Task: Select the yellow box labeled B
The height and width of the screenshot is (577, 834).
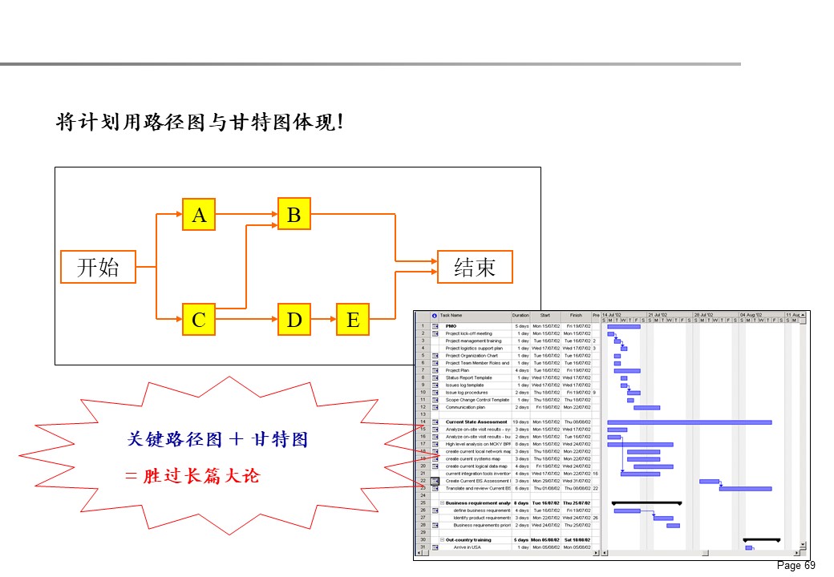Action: coord(294,214)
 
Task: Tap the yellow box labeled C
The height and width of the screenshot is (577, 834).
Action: coord(199,320)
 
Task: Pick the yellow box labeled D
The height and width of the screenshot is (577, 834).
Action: coord(294,320)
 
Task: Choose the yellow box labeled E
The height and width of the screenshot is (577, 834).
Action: coord(352,320)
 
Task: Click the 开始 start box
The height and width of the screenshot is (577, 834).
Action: coord(98,267)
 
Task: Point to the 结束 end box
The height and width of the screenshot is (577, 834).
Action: coord(475,267)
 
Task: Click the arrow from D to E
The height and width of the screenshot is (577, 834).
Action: coord(322,320)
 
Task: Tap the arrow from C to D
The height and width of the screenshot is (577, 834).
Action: coord(246,320)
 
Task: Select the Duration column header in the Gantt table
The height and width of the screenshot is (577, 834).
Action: coord(521,315)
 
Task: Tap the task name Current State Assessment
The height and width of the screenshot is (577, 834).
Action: coord(476,422)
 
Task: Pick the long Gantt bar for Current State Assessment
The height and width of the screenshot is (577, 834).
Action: coord(689,422)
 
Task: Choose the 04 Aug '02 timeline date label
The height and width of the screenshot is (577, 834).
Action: coord(754,315)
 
